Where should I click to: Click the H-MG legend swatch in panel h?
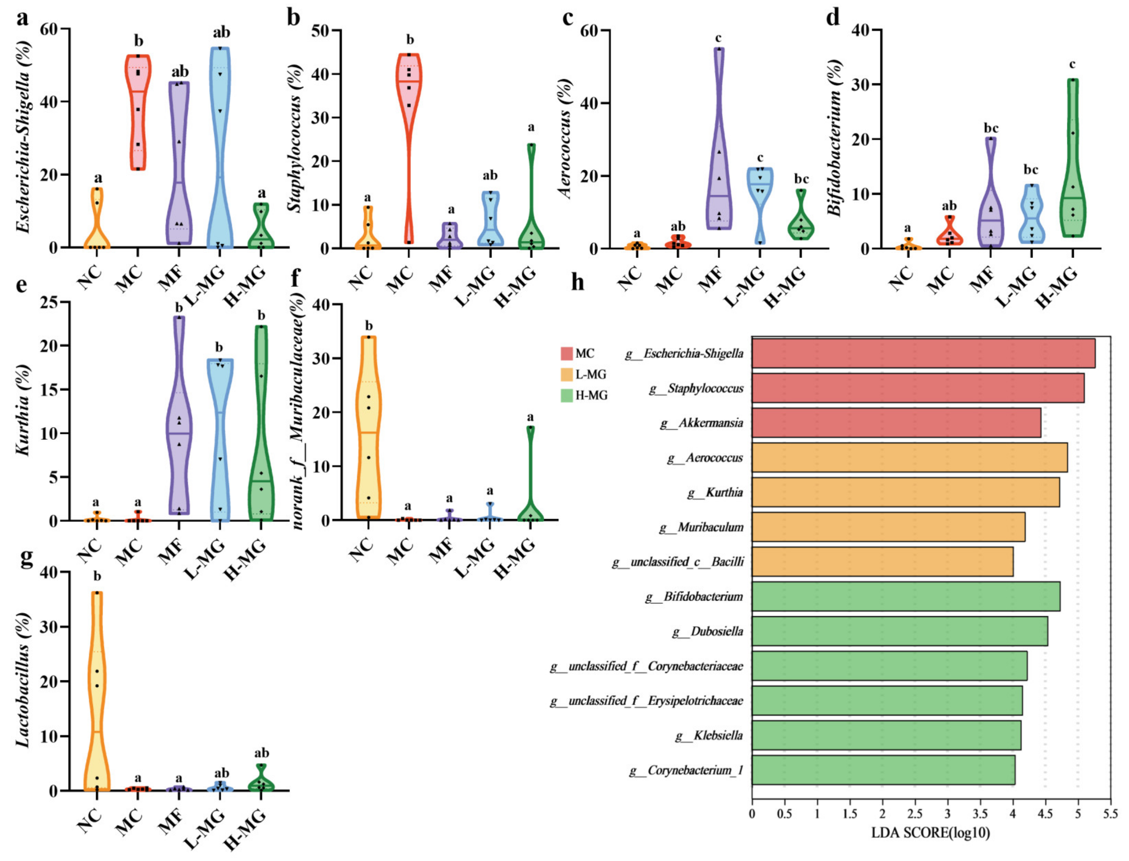pos(566,395)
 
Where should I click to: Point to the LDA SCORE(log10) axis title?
pos(930,833)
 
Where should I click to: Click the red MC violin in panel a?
pos(138,102)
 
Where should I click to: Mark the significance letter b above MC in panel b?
pos(409,40)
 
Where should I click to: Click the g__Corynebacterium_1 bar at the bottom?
pos(883,770)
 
